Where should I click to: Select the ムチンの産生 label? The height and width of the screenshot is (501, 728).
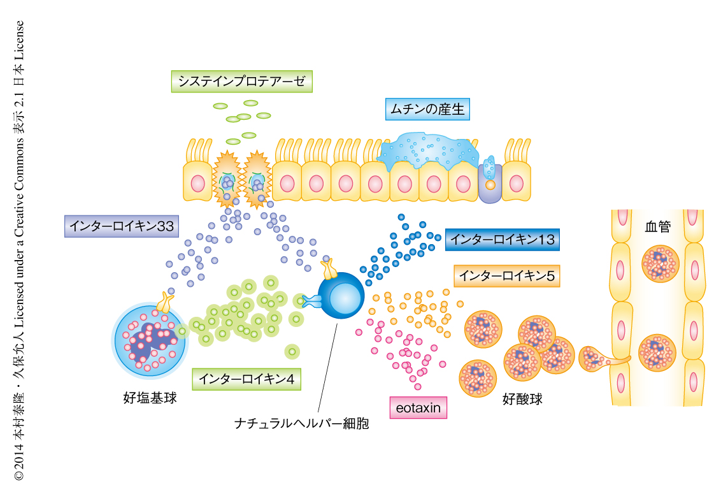(x=427, y=110)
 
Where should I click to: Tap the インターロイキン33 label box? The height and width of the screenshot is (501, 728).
(x=122, y=226)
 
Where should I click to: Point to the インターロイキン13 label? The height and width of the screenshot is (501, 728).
(x=502, y=239)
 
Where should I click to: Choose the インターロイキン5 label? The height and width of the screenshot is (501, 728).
(x=506, y=275)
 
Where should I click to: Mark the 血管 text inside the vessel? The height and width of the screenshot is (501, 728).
(x=657, y=227)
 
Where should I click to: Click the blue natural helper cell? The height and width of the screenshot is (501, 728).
(x=341, y=296)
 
